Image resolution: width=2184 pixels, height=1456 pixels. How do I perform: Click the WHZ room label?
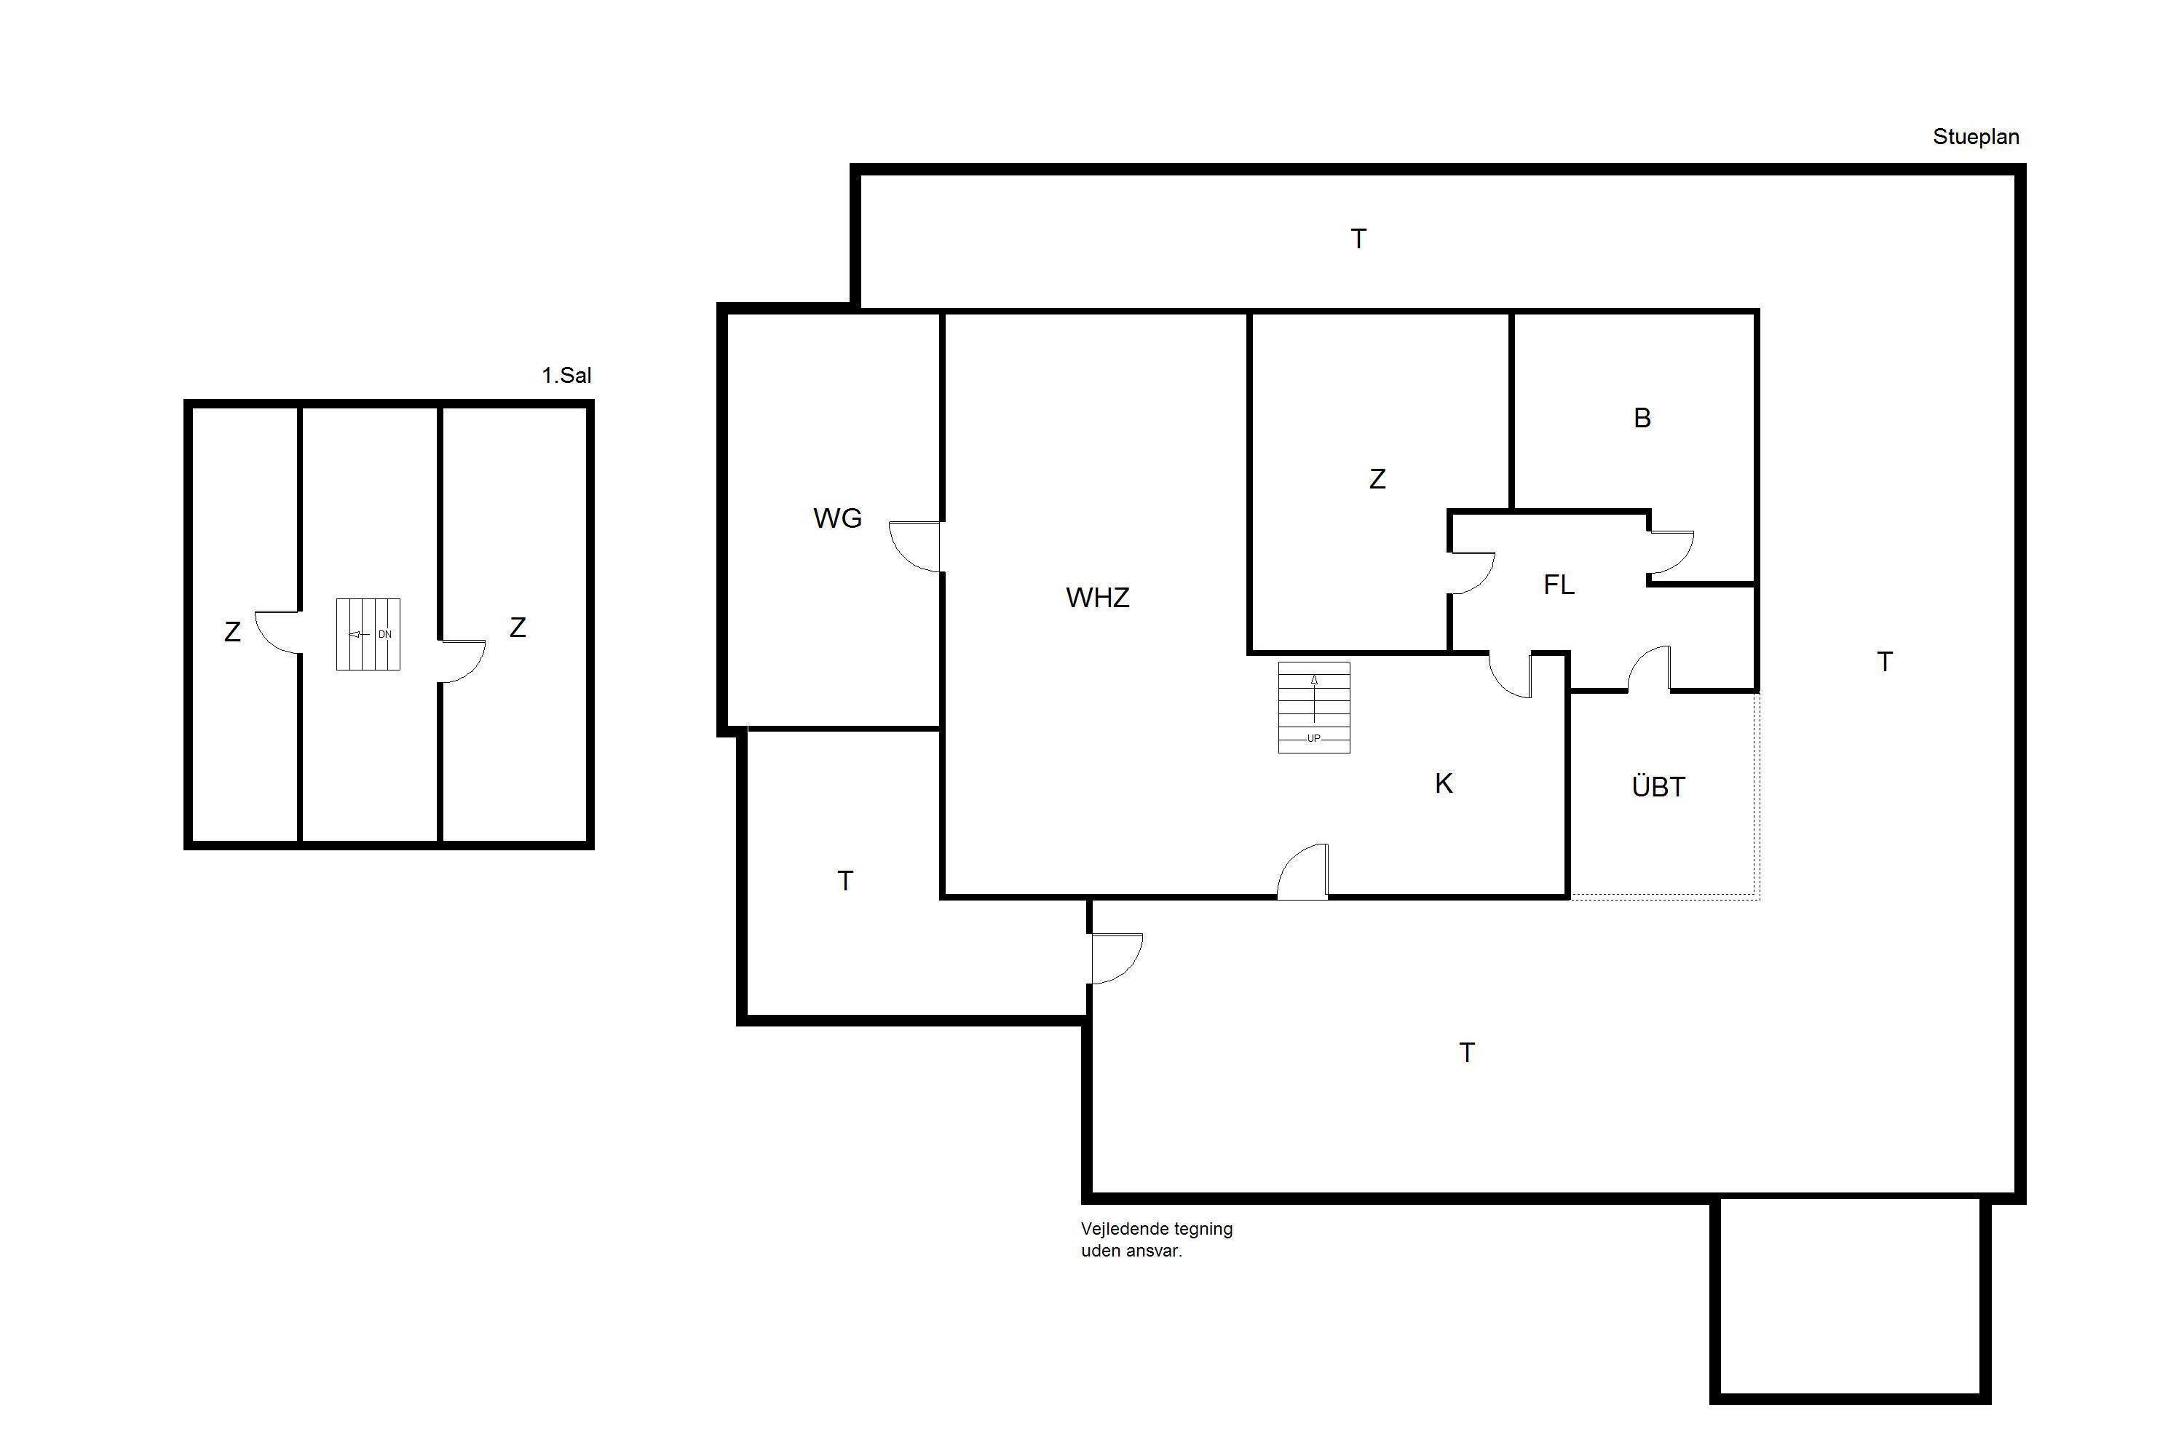coord(1098,597)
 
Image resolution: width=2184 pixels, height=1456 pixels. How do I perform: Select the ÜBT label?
coord(1658,786)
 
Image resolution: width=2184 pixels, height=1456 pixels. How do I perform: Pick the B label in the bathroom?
coord(1642,418)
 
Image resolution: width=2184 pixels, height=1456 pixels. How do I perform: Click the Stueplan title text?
coord(1976,137)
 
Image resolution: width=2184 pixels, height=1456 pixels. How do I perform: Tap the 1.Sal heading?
coord(566,375)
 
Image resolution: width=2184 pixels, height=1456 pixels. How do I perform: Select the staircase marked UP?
coord(1314,707)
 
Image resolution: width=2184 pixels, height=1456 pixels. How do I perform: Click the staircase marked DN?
coord(368,634)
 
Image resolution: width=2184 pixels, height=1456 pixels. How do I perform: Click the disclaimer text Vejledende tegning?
coord(1157,1229)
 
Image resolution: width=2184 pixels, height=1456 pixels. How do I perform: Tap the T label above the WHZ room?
coord(1358,240)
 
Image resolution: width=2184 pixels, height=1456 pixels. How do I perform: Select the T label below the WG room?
coord(845,881)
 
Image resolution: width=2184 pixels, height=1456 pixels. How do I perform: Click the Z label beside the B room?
coord(1377,479)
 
